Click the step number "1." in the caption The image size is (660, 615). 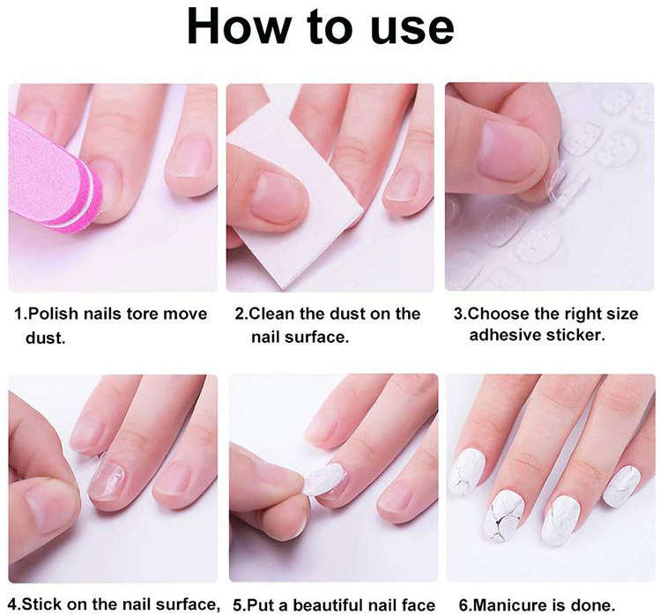[25, 315]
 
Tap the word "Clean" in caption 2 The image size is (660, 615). [279, 315]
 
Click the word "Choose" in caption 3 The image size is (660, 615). [500, 315]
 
